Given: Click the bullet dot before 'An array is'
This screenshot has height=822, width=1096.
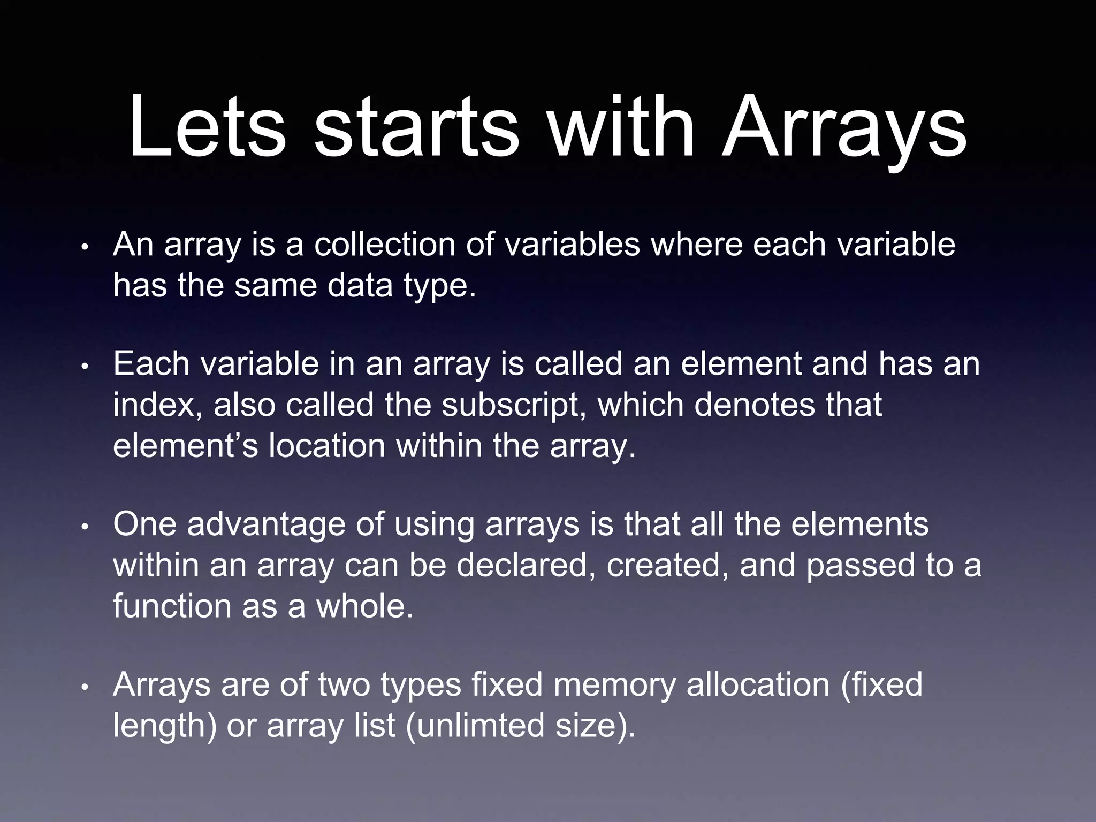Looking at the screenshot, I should pos(85,249).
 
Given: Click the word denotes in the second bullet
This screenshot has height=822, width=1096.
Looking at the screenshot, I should pos(755,405).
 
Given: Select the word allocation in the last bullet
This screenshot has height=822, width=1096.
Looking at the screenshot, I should pos(758,685).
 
